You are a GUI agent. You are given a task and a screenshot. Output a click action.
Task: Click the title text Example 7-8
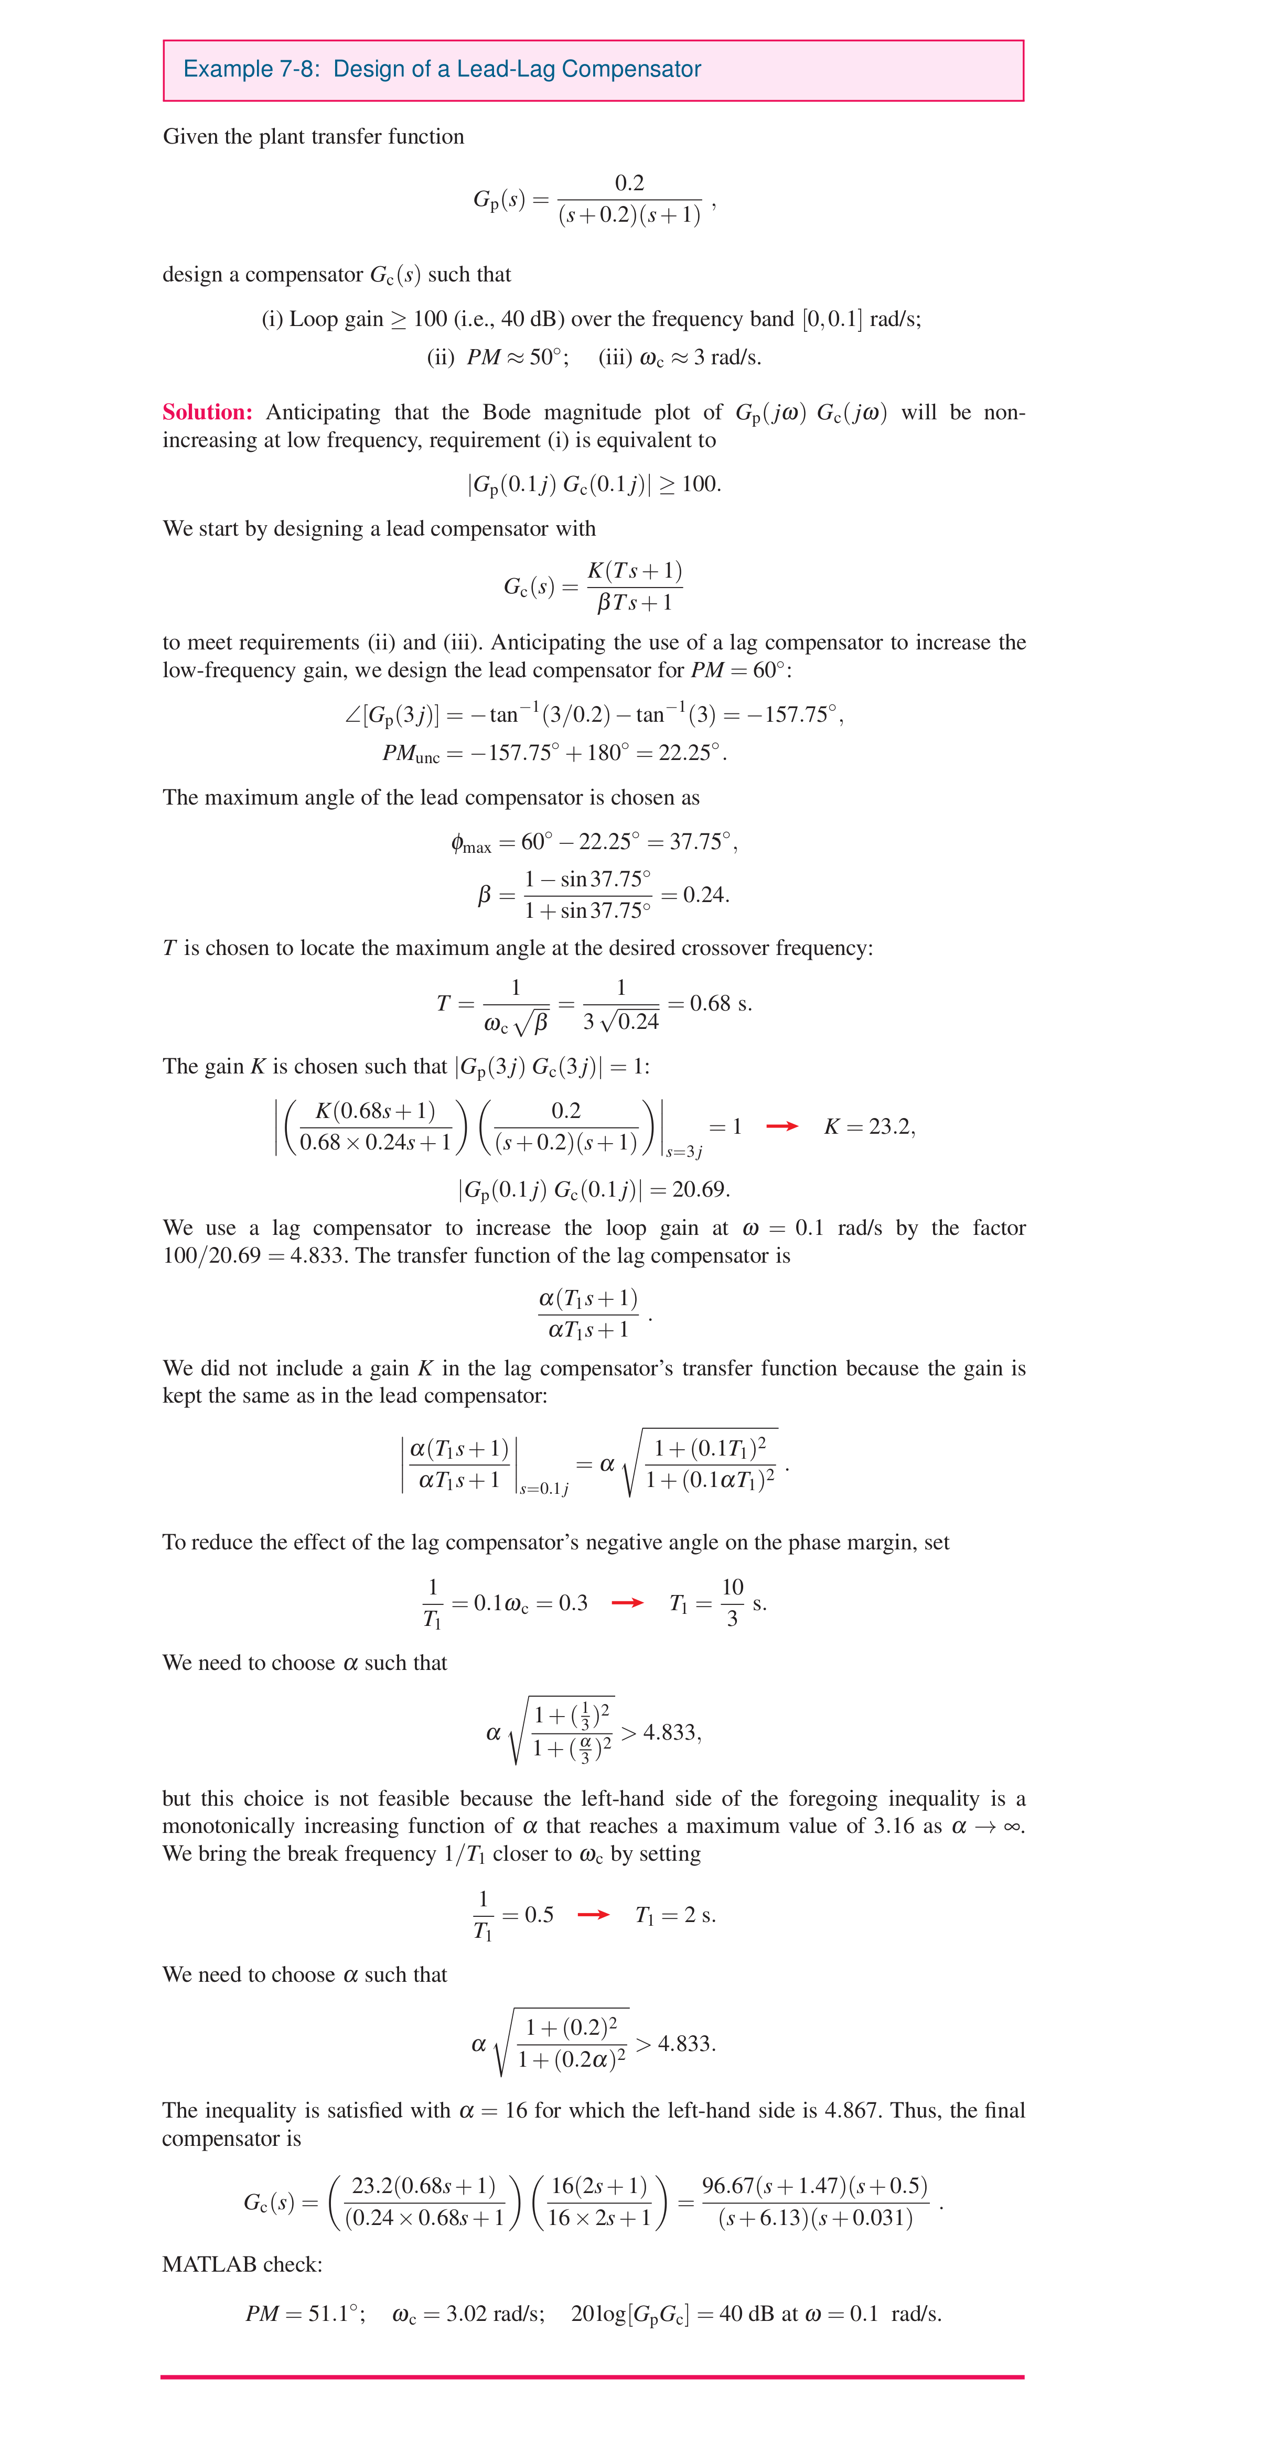[x=250, y=69]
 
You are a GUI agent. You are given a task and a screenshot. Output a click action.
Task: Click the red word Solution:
[x=207, y=413]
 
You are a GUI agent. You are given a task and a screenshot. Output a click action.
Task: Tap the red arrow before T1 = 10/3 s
[x=627, y=1603]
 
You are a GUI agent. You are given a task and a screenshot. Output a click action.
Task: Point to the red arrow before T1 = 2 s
[x=593, y=1914]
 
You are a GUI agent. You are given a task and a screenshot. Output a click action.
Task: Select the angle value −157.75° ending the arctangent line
[x=794, y=715]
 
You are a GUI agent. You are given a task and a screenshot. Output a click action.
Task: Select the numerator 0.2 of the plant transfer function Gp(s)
[x=630, y=183]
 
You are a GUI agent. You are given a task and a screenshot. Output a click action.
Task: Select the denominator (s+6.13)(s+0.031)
[x=816, y=2218]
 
